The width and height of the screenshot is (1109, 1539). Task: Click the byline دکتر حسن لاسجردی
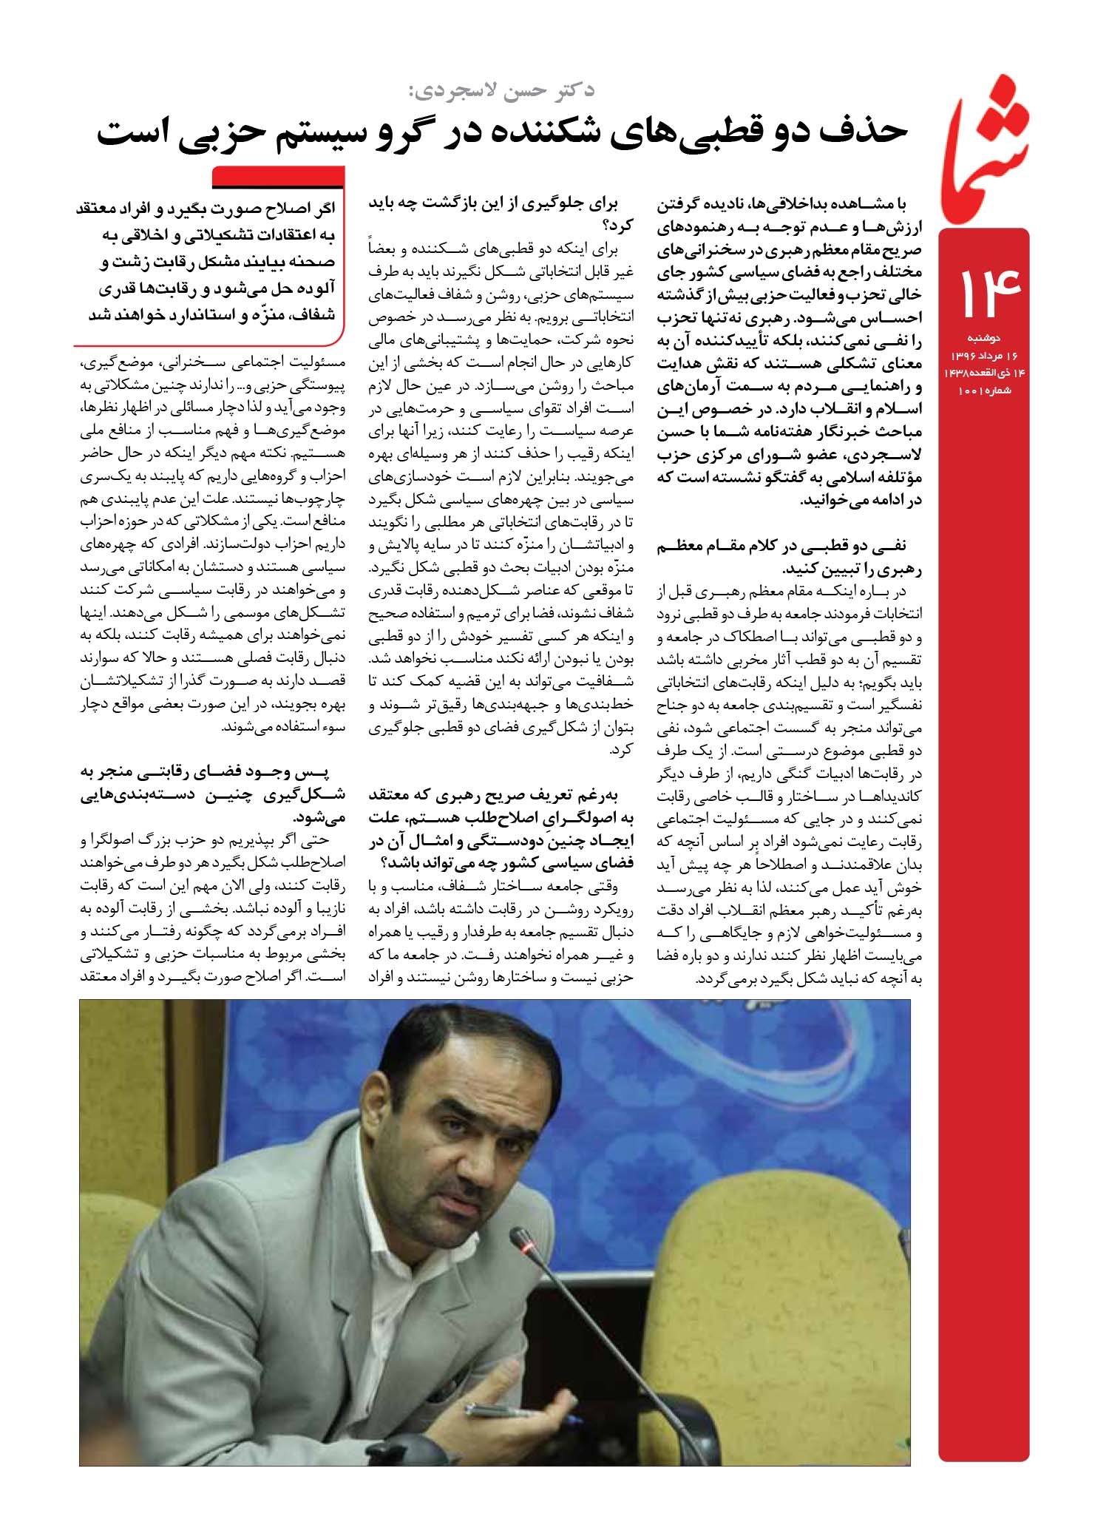(x=502, y=91)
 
